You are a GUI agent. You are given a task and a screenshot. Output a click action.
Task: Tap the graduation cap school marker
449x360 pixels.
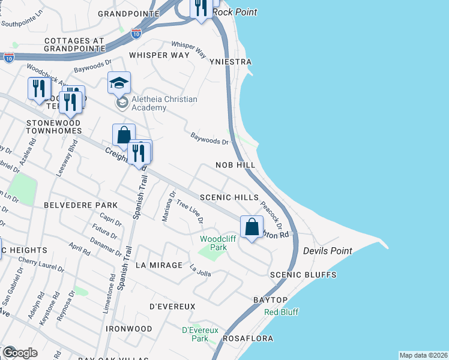click(119, 83)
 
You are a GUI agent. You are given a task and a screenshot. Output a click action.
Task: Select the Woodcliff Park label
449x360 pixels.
click(213, 243)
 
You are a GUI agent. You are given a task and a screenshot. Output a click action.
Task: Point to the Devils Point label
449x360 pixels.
click(327, 250)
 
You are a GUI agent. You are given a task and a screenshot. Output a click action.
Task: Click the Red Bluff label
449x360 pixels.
click(282, 312)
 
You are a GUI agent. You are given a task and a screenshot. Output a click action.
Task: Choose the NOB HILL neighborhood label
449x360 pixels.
click(235, 164)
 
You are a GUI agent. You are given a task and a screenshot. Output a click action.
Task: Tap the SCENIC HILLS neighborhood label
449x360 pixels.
click(229, 197)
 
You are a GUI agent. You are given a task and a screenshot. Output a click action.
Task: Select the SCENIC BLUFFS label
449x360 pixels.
click(303, 275)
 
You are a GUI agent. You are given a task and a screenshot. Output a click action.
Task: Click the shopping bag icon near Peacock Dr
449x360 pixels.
click(252, 227)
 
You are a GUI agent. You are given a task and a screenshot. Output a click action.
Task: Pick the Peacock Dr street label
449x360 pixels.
click(271, 215)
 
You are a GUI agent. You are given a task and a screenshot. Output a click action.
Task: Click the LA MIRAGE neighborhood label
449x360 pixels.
click(158, 265)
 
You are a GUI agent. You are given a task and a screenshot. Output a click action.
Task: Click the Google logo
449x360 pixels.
click(20, 352)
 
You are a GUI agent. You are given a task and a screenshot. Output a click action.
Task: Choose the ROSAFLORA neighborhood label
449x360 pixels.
click(249, 338)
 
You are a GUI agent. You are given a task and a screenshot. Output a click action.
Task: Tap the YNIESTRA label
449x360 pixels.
click(230, 62)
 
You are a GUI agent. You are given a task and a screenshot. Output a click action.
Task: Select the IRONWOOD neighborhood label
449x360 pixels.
click(129, 329)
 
